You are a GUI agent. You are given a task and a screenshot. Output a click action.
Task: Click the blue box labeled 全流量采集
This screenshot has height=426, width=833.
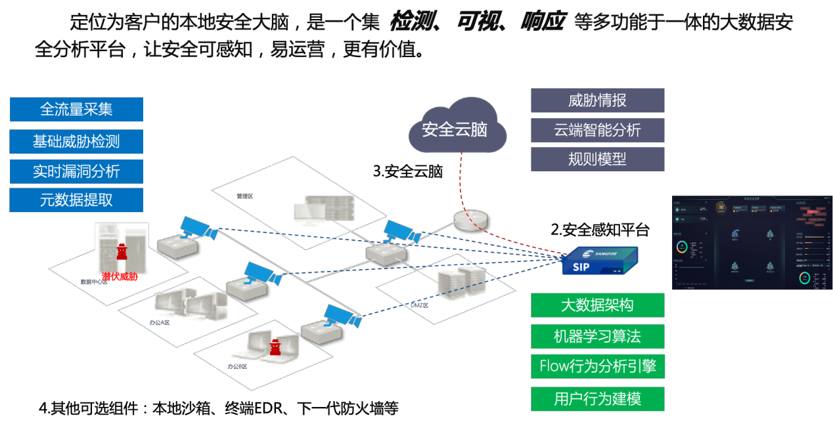tap(76, 110)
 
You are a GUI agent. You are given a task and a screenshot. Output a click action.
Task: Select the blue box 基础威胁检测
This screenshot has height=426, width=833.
tap(76, 141)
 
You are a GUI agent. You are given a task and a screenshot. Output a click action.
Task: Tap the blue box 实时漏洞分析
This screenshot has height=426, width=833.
tap(76, 171)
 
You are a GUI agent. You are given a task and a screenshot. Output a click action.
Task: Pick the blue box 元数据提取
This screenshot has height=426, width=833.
tap(76, 200)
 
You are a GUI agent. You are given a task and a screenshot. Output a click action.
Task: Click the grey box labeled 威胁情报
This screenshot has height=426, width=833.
tap(597, 100)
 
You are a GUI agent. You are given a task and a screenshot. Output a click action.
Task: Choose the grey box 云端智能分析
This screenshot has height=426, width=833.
tap(597, 130)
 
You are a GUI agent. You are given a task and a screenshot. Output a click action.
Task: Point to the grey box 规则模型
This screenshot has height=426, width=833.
tap(597, 159)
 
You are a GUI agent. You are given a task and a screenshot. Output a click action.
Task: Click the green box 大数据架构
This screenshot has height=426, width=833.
tap(597, 305)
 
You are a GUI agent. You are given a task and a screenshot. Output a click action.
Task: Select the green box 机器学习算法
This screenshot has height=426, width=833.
tap(597, 337)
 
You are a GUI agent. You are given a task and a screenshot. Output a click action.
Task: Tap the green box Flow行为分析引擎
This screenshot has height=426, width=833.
tap(597, 366)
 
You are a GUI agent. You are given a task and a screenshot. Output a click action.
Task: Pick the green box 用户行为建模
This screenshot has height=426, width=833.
tap(597, 399)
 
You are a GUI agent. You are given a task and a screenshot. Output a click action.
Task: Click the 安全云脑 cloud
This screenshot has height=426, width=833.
tap(456, 128)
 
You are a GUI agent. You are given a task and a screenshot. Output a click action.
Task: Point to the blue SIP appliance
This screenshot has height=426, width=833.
tap(599, 261)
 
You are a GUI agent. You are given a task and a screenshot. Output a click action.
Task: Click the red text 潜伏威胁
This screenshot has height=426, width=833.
tap(120, 276)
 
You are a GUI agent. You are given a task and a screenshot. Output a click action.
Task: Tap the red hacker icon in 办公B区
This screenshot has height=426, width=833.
tap(275, 347)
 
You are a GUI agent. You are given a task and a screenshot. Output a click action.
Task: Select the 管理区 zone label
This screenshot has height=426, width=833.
tap(245, 196)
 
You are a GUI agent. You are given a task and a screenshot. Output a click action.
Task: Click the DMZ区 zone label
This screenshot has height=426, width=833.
tap(419, 305)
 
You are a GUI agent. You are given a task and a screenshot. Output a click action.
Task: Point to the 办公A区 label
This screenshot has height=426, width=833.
tap(159, 322)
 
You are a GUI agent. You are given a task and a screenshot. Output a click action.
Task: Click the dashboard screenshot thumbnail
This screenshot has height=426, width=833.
tap(752, 242)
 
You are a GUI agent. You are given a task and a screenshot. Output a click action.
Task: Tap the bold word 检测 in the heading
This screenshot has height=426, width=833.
tap(415, 23)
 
